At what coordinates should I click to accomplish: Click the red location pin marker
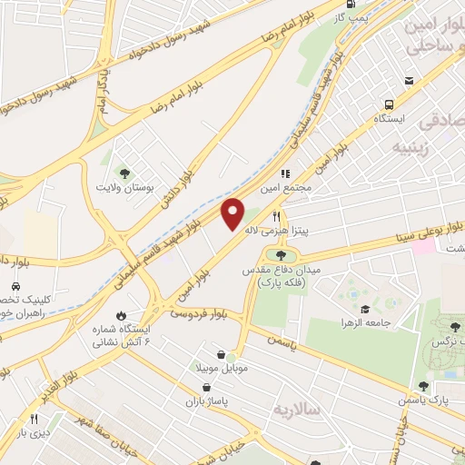[x=233, y=213]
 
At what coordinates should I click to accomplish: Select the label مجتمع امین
[x=297, y=186]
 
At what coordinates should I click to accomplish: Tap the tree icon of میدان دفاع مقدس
[x=280, y=254]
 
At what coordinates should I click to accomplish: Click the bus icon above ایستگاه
[x=389, y=104]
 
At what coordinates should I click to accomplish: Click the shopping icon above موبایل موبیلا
[x=222, y=355]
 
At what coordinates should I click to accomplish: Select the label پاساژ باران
[x=208, y=401]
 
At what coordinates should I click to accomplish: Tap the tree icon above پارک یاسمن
[x=422, y=387]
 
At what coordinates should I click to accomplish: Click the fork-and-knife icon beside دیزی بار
[x=35, y=420]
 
